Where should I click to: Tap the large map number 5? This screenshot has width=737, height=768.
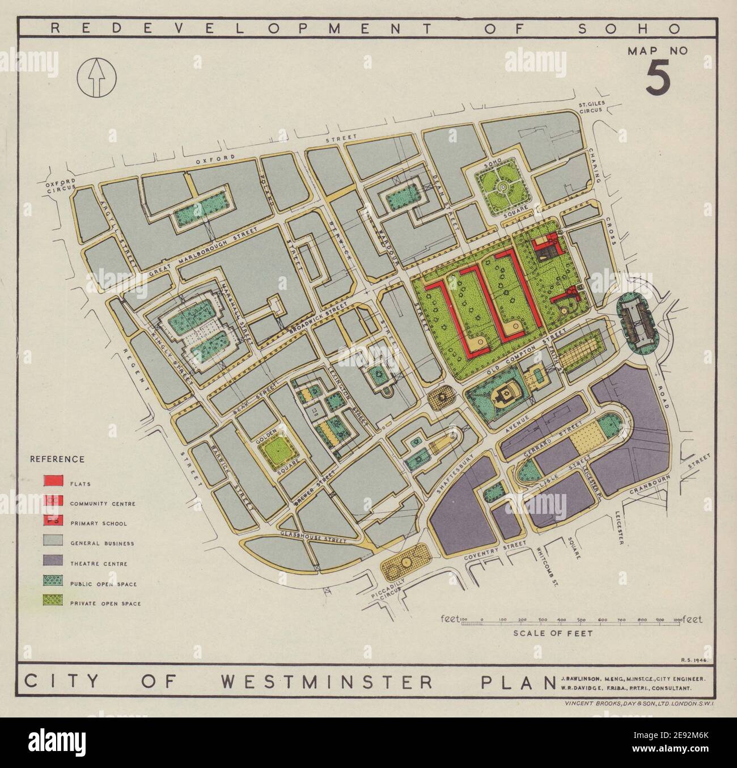658,79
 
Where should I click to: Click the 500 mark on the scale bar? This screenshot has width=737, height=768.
581,620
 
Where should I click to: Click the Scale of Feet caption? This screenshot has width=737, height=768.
553,634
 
